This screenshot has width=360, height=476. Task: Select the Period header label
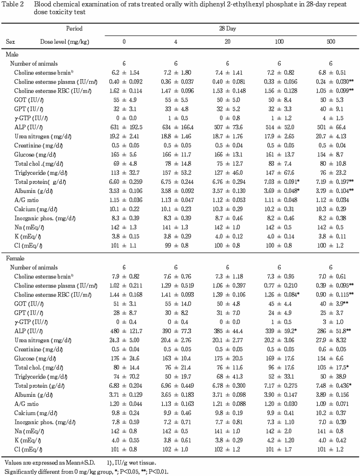click(75, 29)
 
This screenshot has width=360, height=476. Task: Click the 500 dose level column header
click(331, 42)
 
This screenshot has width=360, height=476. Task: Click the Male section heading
click(12, 55)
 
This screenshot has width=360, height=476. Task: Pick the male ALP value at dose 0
click(124, 127)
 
